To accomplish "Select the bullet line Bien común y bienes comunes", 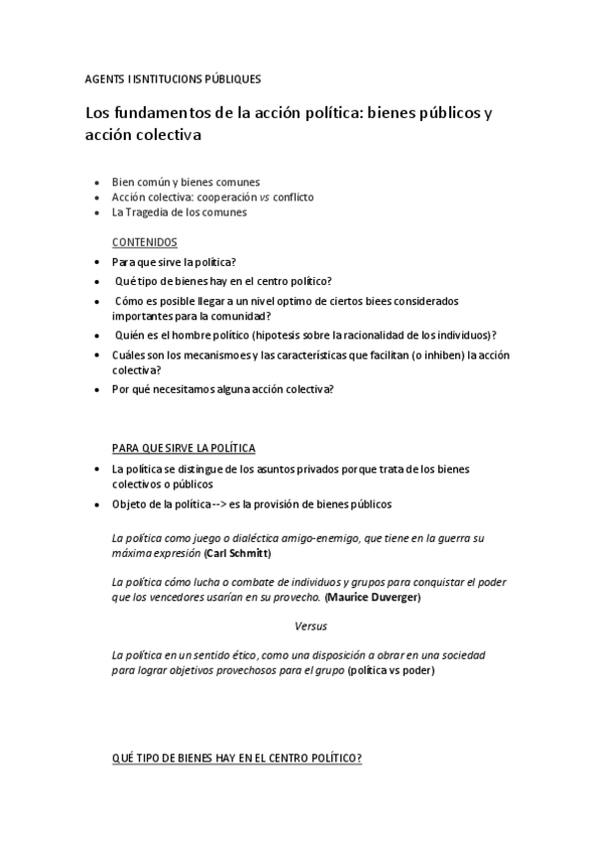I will pos(185,182).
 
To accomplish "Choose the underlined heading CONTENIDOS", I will pos(145,241).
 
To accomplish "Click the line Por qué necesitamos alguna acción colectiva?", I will pos(222,388).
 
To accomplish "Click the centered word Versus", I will pos(310,626).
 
